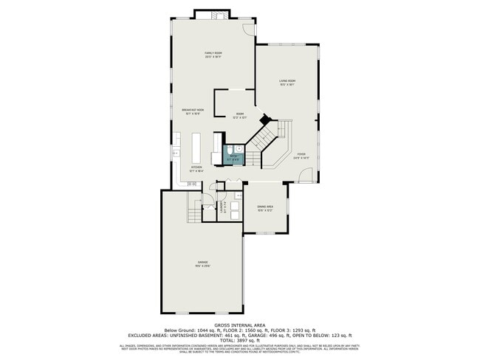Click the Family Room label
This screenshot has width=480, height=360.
[x=213, y=55]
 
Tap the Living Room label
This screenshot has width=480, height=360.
[x=287, y=82]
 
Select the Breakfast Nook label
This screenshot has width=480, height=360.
[x=193, y=111]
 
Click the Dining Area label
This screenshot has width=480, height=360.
[x=265, y=208]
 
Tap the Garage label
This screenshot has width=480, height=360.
[x=202, y=264]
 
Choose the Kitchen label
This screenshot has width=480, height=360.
[x=196, y=168]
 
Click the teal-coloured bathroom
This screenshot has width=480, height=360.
[x=234, y=156]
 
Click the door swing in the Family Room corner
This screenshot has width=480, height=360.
[x=249, y=29]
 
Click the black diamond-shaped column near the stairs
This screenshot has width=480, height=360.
[x=264, y=118]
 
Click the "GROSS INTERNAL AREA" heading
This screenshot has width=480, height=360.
[x=239, y=325]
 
